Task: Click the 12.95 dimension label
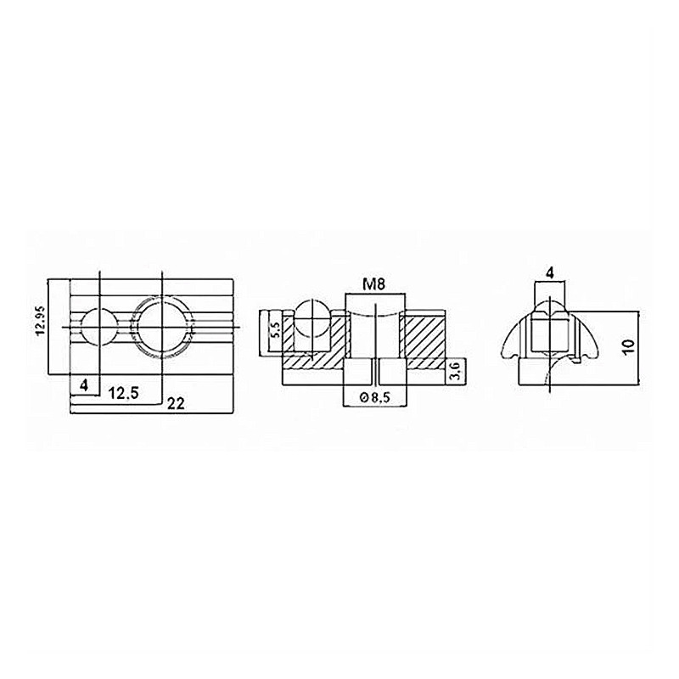point(40,321)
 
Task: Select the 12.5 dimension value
point(124,393)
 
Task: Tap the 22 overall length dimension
point(176,404)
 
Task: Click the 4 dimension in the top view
point(84,384)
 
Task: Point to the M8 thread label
point(373,284)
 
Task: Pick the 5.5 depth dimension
point(275,331)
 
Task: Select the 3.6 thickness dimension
point(457,371)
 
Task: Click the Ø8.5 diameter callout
point(375,396)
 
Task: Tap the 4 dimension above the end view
point(550,272)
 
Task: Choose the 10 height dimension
point(629,346)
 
